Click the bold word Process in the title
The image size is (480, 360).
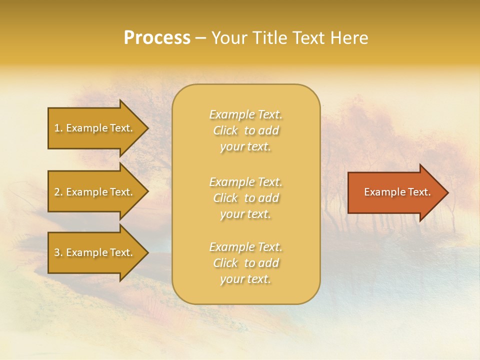(x=157, y=38)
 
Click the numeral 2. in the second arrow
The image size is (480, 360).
(x=58, y=192)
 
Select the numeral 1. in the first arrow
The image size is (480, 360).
(x=58, y=128)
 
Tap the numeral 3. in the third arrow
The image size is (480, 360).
(x=58, y=252)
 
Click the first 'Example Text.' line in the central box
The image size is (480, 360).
(x=245, y=115)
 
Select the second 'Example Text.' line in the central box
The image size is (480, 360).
(x=245, y=182)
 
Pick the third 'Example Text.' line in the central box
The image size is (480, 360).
(x=245, y=247)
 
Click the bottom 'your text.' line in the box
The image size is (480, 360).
(x=245, y=279)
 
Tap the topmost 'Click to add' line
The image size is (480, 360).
(x=245, y=131)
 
